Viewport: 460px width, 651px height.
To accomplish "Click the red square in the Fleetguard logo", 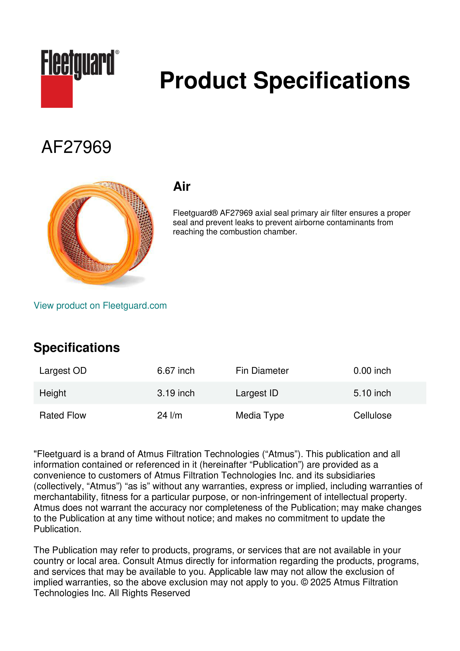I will tap(57, 91).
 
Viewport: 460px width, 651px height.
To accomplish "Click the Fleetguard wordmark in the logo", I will tap(78, 63).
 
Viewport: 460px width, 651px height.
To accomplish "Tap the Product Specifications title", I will tap(285, 81).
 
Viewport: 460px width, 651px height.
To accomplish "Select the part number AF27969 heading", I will tap(76, 147).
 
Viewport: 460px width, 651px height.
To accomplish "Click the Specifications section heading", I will tap(76, 348).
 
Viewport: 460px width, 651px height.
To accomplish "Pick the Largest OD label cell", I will tap(63, 371).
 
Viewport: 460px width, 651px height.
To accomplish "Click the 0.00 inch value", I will tap(372, 371).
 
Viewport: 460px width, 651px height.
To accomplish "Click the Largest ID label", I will tap(257, 393).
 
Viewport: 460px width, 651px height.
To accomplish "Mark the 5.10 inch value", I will tap(372, 393).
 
